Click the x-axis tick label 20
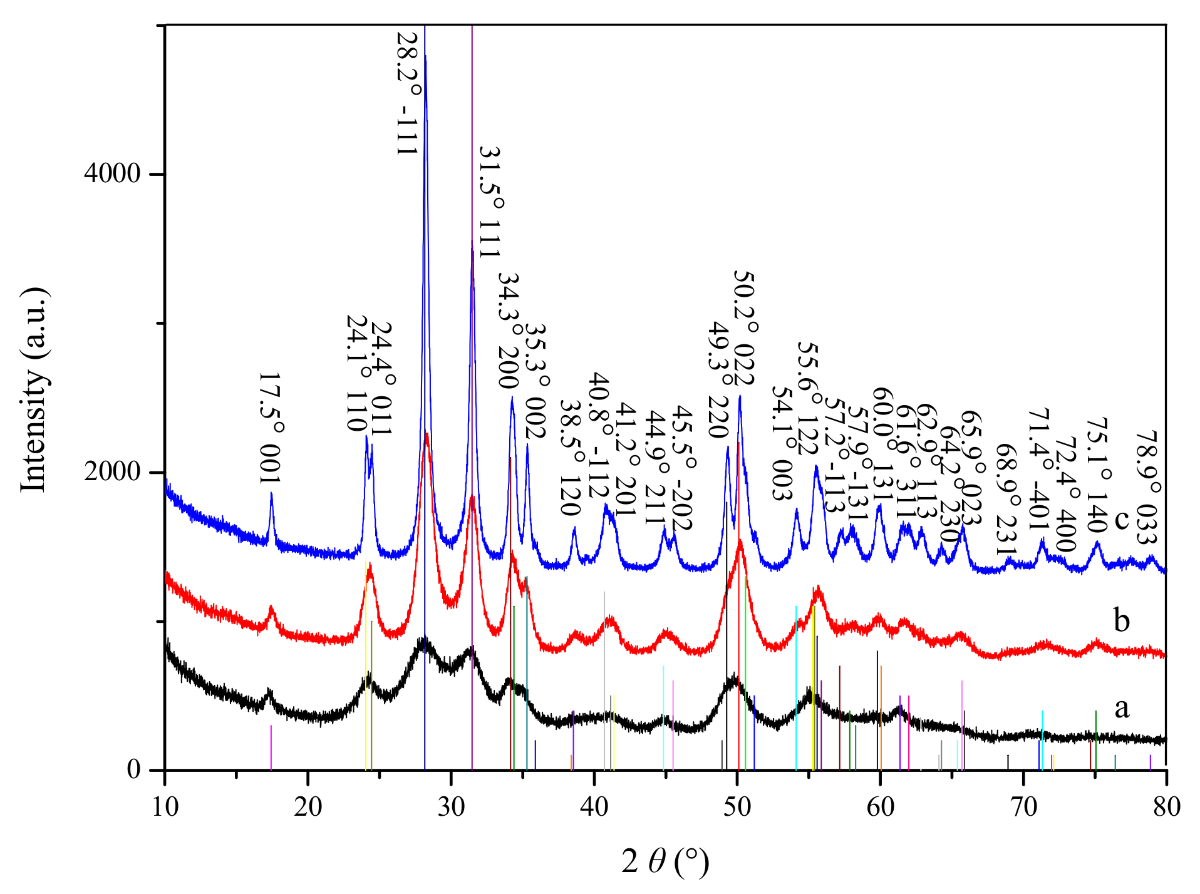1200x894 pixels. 308,807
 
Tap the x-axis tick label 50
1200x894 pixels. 737,807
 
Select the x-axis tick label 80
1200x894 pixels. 1166,807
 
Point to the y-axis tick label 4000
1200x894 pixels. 112,173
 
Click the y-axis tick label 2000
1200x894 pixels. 112,471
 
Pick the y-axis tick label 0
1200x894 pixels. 133,769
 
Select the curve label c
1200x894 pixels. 1121,519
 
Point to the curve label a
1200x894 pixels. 1121,707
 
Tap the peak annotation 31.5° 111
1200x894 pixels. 490,202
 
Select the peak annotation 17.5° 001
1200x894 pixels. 271,428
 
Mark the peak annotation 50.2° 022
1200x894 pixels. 743,328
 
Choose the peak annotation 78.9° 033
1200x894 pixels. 1147,487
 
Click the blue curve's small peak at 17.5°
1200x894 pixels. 271,494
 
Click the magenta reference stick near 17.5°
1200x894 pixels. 271,748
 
